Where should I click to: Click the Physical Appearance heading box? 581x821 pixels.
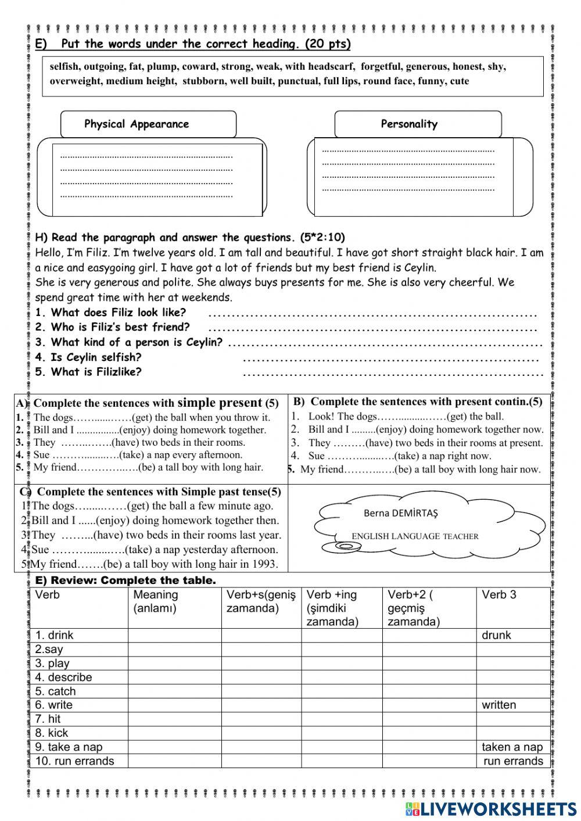click(148, 124)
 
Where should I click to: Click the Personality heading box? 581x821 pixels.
click(417, 124)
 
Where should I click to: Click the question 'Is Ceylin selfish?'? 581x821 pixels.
click(88, 357)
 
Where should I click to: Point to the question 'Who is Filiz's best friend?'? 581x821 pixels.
click(112, 327)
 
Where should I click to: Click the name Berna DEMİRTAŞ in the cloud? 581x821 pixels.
click(400, 513)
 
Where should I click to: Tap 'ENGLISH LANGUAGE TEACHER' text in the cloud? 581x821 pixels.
click(415, 536)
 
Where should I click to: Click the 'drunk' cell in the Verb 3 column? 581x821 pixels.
click(496, 635)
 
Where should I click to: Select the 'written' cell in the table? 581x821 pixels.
click(498, 705)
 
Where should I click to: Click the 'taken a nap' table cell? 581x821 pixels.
click(512, 747)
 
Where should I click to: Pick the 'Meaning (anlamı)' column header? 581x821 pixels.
click(156, 601)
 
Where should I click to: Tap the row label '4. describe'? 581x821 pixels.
click(63, 677)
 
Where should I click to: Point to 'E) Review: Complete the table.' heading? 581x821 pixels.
click(125, 580)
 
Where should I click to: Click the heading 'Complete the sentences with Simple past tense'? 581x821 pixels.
click(159, 492)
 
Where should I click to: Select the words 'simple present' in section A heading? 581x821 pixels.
click(219, 403)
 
